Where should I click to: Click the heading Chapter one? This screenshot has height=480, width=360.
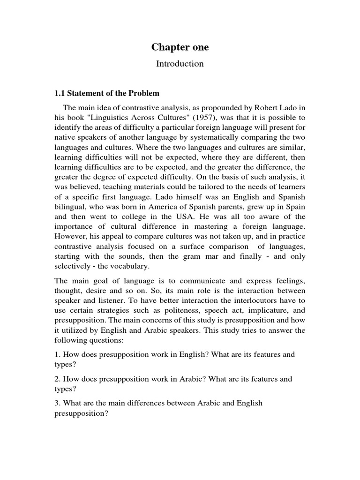(x=180, y=47)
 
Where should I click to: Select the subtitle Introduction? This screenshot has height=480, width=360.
(x=180, y=64)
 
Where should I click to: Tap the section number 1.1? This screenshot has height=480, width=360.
(x=61, y=93)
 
